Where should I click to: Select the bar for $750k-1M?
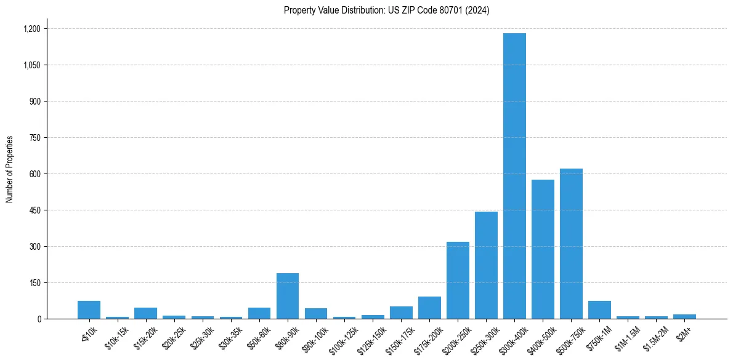coord(599,310)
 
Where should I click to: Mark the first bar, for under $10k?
coord(89,310)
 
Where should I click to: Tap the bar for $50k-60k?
coord(259,313)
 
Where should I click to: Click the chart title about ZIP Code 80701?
coord(386,10)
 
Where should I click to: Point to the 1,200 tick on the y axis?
coord(31,29)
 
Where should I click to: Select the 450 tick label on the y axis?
coord(34,210)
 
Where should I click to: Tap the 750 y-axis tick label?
coord(34,138)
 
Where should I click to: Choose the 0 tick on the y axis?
coord(38,319)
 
